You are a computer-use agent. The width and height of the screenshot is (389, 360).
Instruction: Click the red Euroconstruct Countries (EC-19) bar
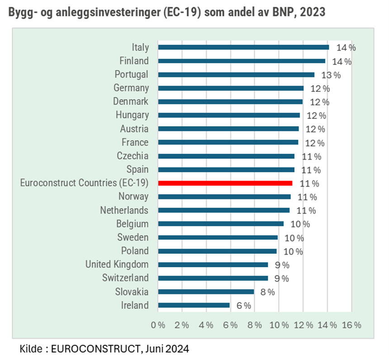[x=225, y=183]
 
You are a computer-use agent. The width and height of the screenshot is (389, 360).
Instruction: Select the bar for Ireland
[x=194, y=305]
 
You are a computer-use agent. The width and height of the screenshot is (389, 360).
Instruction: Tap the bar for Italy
[x=243, y=47]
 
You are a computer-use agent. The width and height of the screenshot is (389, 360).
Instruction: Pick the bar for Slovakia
[x=206, y=292]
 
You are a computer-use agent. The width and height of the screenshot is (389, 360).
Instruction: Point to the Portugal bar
[x=236, y=74]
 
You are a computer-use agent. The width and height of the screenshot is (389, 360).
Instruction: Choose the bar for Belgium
[x=221, y=223]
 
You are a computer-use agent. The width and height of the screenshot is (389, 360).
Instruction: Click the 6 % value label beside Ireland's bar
[x=243, y=306]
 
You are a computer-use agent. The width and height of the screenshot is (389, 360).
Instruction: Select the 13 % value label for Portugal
[x=331, y=75]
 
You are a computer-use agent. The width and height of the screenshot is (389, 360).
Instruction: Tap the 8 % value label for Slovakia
[x=267, y=292]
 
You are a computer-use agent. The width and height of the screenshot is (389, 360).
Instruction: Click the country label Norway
[x=133, y=196]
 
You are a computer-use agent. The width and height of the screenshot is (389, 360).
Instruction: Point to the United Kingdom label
[x=117, y=264]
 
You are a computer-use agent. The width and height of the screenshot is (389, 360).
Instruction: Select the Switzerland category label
[x=125, y=278]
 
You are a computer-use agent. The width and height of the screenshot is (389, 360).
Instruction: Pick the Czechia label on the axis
[x=133, y=156]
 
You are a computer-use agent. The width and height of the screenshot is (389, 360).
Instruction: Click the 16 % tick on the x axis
[x=351, y=325]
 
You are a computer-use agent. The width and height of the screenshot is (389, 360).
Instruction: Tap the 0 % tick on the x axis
[x=158, y=325]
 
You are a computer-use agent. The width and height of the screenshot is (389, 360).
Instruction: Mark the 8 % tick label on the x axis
[x=255, y=325]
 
